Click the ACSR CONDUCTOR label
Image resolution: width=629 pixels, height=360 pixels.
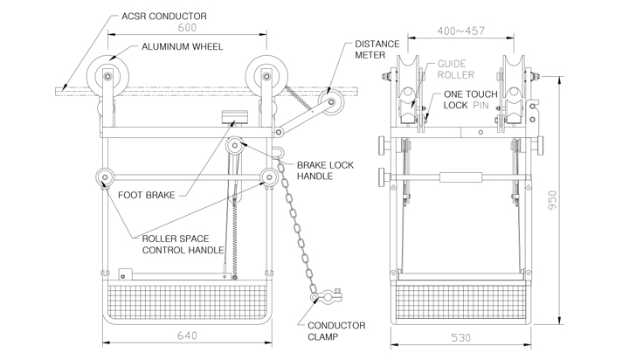pos(164,17)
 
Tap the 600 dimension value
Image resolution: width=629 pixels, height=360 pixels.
pos(187,28)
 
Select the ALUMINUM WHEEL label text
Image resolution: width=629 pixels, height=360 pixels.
pos(182,47)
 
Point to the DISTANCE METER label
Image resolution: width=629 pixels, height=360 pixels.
pos(377,49)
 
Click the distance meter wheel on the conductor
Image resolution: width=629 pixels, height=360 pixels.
pos(331,102)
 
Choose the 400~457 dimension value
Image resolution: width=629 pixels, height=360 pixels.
pos(461,31)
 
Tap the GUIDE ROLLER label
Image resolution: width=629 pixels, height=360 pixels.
pos(456,69)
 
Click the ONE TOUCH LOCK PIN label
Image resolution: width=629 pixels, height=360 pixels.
pos(470,100)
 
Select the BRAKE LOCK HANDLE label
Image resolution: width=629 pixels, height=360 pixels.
pos(325,170)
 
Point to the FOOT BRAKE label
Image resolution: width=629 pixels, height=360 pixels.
pos(147,196)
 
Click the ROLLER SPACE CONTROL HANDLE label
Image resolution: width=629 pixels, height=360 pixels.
pos(183,245)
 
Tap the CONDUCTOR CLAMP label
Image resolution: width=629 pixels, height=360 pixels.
pos(336,331)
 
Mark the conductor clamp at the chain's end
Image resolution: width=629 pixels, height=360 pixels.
pos(327,296)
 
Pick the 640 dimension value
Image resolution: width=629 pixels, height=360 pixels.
pos(187,336)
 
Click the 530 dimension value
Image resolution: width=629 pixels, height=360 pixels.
pos(461,338)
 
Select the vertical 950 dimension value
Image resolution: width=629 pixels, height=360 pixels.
pos(552,200)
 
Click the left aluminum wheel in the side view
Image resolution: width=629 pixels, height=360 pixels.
pos(107,76)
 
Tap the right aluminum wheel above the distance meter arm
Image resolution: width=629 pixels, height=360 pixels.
pos(266,76)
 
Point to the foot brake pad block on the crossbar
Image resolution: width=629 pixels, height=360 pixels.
pos(235,117)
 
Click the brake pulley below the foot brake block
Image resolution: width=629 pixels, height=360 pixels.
pos(235,145)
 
